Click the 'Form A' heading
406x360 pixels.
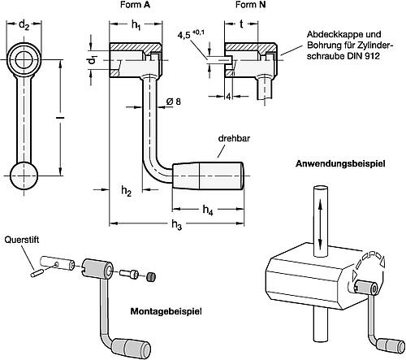pos(135,5)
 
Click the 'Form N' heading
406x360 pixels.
pos(250,5)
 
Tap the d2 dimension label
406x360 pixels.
pos(24,25)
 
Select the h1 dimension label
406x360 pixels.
pos(136,25)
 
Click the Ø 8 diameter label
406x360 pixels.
pos(173,102)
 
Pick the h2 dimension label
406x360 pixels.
pos(126,191)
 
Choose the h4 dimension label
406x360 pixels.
pos(208,210)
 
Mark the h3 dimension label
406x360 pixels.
pos(176,225)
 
